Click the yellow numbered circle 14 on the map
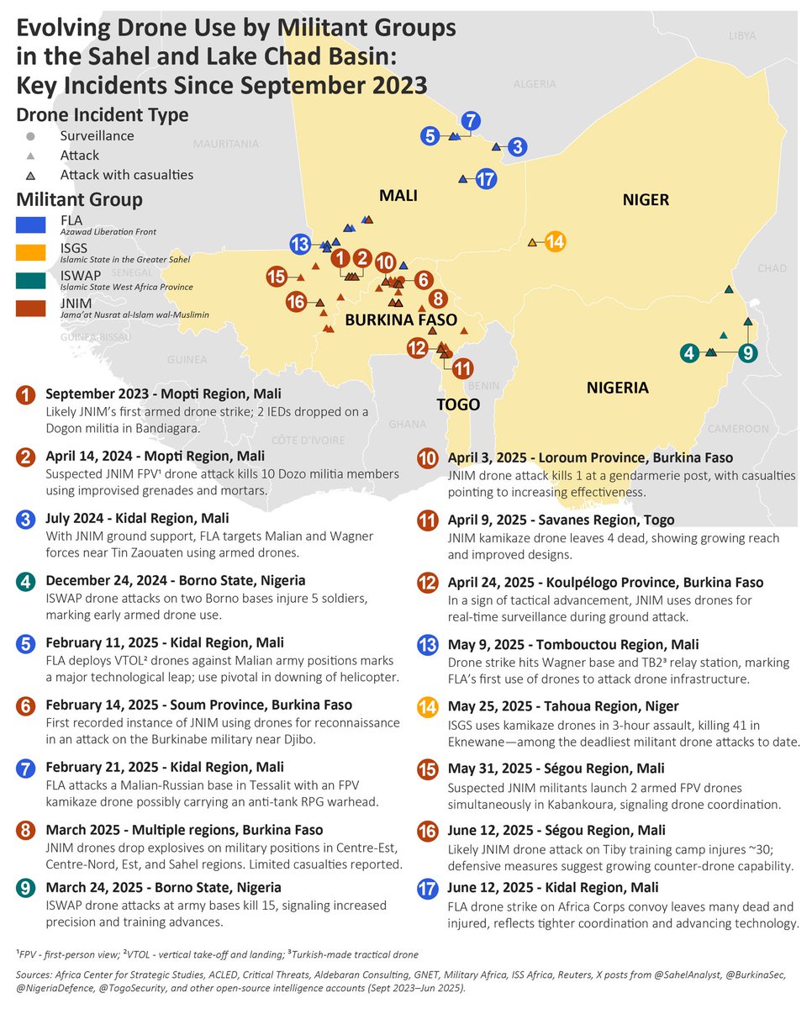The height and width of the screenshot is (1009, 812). pos(555,242)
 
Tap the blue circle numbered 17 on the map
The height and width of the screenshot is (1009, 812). pos(486,178)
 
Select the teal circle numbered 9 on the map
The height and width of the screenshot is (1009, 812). pos(746,353)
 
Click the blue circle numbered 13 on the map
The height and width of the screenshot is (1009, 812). pos(300,245)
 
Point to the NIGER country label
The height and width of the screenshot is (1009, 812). pos(646,199)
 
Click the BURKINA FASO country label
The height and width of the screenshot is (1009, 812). pos(401,320)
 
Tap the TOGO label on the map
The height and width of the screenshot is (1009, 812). pos(458,404)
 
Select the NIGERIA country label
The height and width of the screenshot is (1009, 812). pos(618,388)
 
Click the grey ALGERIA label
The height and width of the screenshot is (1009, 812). pos(535,84)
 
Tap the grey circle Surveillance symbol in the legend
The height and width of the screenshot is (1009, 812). pos(30,136)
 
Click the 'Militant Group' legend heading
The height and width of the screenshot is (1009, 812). pos(79,200)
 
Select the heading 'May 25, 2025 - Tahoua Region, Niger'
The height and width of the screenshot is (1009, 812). pos(562,706)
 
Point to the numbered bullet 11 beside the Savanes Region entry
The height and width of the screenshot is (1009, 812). pos(427,520)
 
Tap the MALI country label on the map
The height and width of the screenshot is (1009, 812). pos(398,196)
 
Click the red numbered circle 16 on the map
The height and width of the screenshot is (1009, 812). pos(295,302)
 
